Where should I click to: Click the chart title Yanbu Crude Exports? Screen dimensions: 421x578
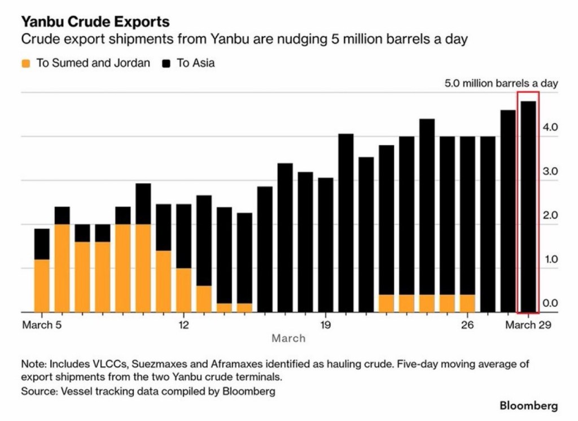click(x=95, y=22)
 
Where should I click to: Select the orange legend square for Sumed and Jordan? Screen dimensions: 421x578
click(x=25, y=63)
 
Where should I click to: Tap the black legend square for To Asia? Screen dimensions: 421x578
click(x=166, y=63)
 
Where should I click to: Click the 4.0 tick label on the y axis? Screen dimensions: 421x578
click(x=550, y=127)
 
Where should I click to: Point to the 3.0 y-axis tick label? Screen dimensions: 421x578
click(x=550, y=171)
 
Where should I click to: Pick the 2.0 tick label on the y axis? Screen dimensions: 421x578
click(x=550, y=215)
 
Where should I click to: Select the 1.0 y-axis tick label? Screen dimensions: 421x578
click(x=550, y=259)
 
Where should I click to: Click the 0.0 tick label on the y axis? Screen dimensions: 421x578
click(x=550, y=303)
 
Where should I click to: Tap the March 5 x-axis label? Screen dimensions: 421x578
click(x=42, y=325)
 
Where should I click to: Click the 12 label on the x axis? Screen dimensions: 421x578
click(x=183, y=325)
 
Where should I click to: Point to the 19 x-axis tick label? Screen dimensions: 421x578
click(x=325, y=325)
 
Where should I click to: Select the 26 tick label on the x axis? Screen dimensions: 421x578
click(x=467, y=325)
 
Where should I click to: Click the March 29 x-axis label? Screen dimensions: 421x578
click(x=528, y=325)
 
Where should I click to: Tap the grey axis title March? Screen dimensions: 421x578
click(x=288, y=338)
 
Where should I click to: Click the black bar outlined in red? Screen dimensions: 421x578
click(x=528, y=206)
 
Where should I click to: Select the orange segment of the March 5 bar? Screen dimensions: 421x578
click(x=42, y=285)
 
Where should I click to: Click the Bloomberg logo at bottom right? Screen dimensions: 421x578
click(x=528, y=406)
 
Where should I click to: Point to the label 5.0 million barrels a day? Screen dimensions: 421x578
click(x=501, y=84)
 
